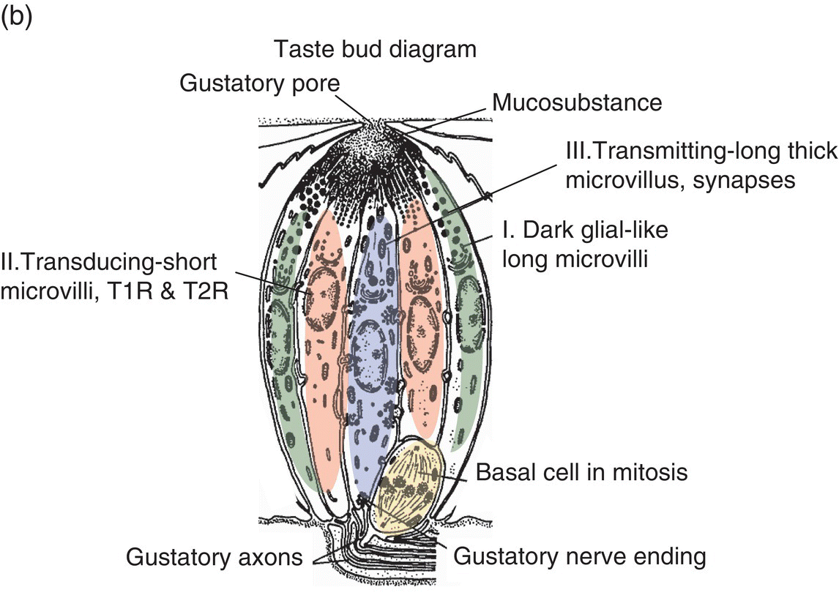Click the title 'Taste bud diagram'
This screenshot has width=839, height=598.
pyautogui.click(x=375, y=50)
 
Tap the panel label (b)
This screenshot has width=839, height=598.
pyautogui.click(x=16, y=18)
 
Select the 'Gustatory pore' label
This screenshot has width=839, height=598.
pyautogui.click(x=261, y=83)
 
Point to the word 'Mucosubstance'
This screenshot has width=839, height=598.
pyautogui.click(x=577, y=102)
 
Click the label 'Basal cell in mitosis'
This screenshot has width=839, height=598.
pyautogui.click(x=582, y=472)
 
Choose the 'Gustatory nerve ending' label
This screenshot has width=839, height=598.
pyautogui.click(x=581, y=557)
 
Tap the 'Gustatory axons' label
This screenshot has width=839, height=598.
pyautogui.click(x=215, y=558)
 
